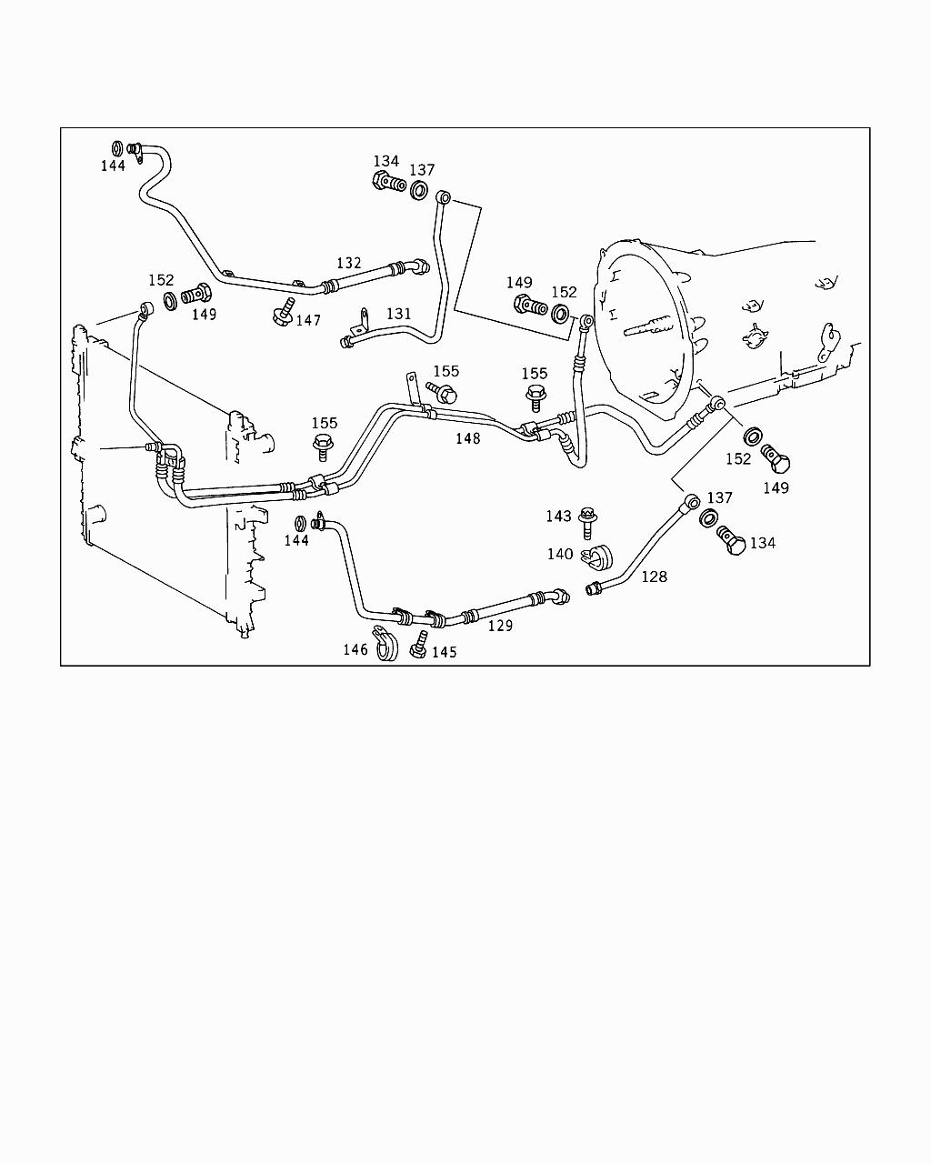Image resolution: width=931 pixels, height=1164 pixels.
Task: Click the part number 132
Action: [349, 264]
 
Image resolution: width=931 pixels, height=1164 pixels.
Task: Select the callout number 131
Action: [399, 314]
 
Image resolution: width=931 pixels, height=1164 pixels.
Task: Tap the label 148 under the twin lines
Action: [468, 438]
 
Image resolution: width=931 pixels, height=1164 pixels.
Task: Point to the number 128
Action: [654, 577]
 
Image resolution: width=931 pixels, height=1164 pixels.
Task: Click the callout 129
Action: [500, 626]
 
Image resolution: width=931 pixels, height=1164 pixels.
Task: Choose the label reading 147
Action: [308, 320]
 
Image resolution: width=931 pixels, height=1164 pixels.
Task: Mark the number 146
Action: [355, 649]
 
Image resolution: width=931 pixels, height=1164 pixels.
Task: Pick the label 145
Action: [444, 652]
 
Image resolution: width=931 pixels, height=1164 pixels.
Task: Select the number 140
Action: [560, 554]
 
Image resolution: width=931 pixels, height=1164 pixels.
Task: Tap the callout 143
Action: [558, 517]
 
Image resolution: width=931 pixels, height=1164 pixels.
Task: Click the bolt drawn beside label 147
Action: [283, 311]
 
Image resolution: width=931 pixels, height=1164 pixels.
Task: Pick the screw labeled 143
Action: [586, 521]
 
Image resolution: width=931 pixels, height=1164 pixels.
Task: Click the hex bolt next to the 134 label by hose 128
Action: [733, 541]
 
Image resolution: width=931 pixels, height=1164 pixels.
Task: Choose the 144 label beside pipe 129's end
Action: [296, 540]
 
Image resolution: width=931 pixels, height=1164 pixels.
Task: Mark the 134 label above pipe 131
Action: [386, 161]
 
